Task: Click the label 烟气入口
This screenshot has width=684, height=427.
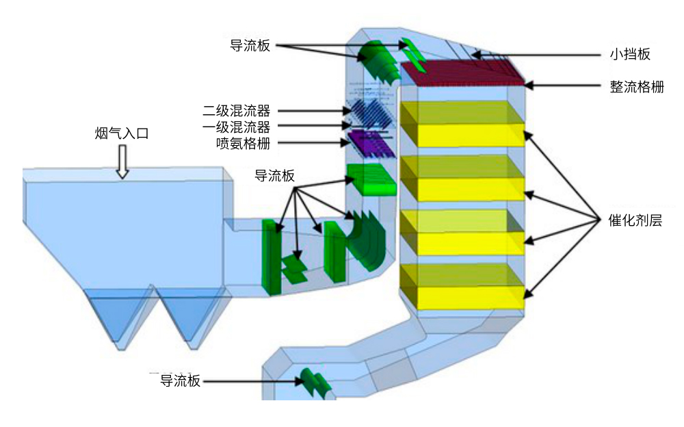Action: pos(121,133)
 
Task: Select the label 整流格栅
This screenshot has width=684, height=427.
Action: pos(637,87)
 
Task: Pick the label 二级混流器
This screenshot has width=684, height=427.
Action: pos(236,110)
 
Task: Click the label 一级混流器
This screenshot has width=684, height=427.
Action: pos(236,127)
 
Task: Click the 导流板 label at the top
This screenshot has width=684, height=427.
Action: pos(250,46)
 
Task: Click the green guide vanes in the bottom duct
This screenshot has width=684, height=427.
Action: pos(315,382)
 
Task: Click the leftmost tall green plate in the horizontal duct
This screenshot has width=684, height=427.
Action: pos(271,257)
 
